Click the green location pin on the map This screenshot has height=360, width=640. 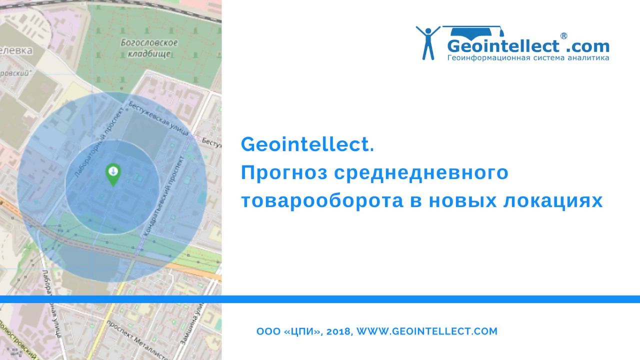(x=113, y=173)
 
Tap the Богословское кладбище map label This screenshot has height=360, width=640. (x=149, y=48)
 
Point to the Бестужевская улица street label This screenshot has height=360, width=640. (x=158, y=118)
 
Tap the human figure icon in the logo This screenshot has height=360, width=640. (x=428, y=42)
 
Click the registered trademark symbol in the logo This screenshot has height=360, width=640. (x=563, y=36)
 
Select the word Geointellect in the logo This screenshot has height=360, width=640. (x=503, y=46)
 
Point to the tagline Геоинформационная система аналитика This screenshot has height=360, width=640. (x=528, y=58)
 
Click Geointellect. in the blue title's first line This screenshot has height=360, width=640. (x=307, y=145)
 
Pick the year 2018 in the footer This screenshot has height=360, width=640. (x=340, y=331)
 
